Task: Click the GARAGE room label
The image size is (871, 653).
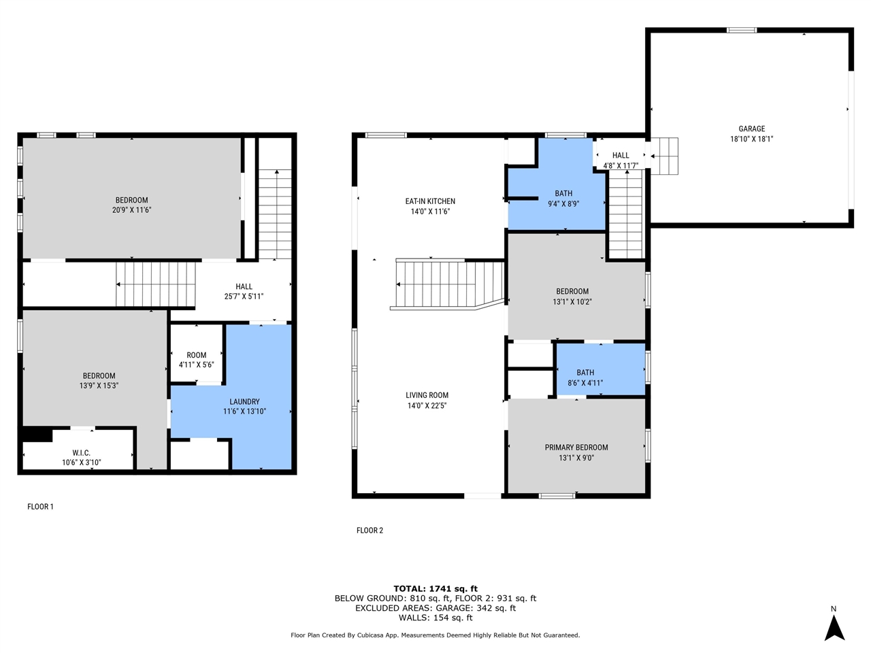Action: coord(751,129)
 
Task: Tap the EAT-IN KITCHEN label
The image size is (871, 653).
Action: coord(430,201)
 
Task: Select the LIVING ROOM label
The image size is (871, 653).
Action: coord(427,395)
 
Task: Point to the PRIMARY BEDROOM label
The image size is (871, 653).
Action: coord(576,448)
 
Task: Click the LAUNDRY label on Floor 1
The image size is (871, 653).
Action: coord(244,401)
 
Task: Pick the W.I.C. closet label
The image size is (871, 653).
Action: coord(82,453)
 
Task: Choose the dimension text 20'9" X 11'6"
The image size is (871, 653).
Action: coord(132,210)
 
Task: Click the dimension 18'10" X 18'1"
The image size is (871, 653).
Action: coord(751,139)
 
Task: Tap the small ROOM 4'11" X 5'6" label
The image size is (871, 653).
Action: coord(197,360)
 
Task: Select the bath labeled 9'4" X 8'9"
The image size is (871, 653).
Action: coord(563,199)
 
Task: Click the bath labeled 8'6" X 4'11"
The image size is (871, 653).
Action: coord(585,378)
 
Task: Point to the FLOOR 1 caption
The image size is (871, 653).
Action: coord(40,507)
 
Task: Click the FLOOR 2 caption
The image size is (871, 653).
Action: coord(369,531)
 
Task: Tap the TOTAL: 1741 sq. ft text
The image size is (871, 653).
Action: coord(435,589)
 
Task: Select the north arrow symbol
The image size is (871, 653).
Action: coord(834,629)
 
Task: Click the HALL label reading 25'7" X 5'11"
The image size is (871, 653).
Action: coord(244,291)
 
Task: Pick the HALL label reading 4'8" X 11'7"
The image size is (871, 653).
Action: coord(621,161)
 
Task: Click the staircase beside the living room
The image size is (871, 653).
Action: coord(447,285)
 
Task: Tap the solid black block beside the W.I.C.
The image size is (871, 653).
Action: coord(37,435)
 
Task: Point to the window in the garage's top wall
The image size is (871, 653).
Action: coord(742,30)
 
